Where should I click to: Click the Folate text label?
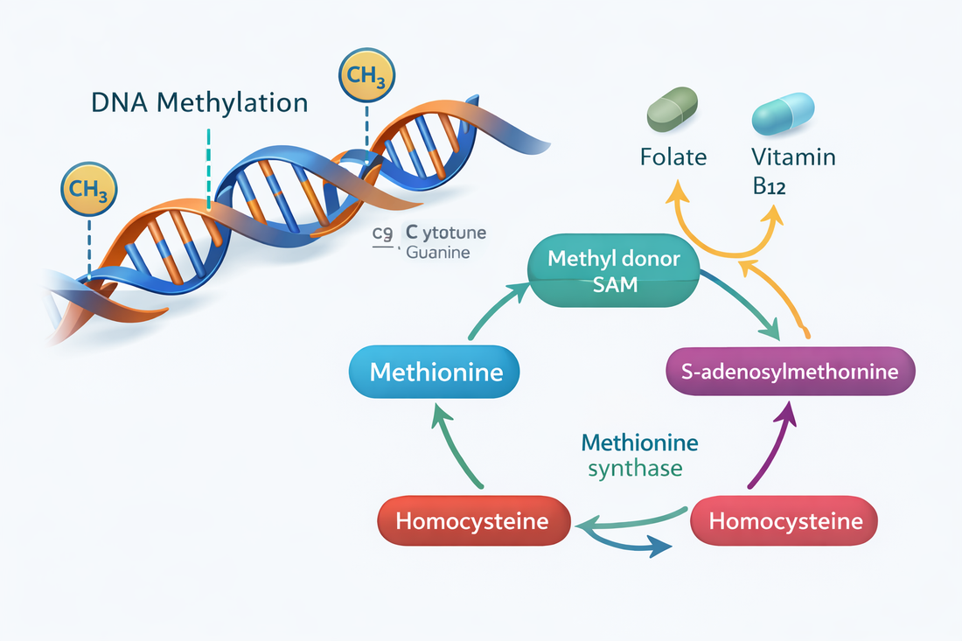pyautogui.click(x=673, y=158)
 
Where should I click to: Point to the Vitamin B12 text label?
pyautogui.click(x=793, y=171)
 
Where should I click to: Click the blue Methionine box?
pyautogui.click(x=436, y=373)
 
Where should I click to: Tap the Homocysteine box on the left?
pyautogui.click(x=472, y=522)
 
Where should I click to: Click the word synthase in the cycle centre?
pyautogui.click(x=635, y=469)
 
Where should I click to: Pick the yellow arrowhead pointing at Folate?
pyautogui.click(x=676, y=190)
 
